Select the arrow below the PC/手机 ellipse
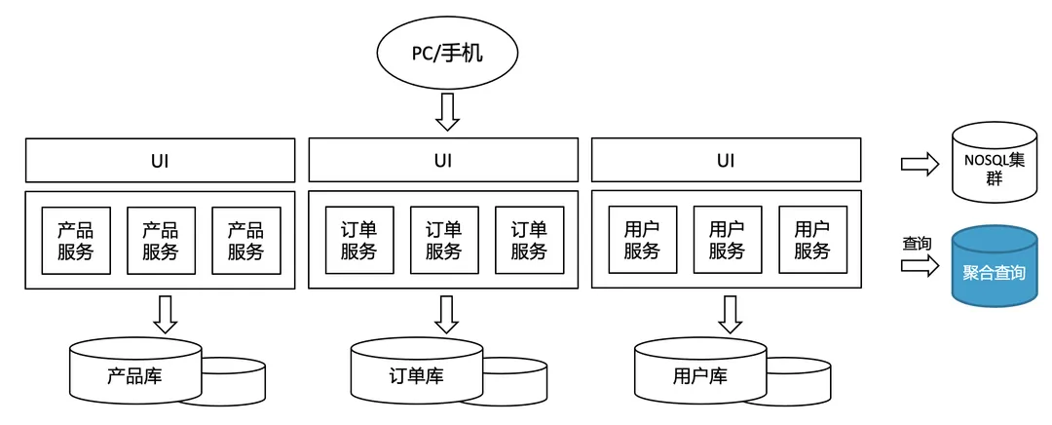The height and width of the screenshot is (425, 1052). coord(447,112)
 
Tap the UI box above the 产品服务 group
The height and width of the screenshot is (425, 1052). coord(160,160)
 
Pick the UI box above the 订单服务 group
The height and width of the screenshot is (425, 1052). coord(443,160)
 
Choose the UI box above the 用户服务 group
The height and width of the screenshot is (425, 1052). coord(726,160)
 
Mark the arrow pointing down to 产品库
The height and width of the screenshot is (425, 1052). coord(165,313)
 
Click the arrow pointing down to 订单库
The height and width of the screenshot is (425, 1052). coord(447,313)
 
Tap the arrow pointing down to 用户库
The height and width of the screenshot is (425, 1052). coord(730,313)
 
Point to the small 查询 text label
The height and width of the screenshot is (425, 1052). coord(917,243)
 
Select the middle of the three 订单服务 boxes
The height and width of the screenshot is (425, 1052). coord(443,240)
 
